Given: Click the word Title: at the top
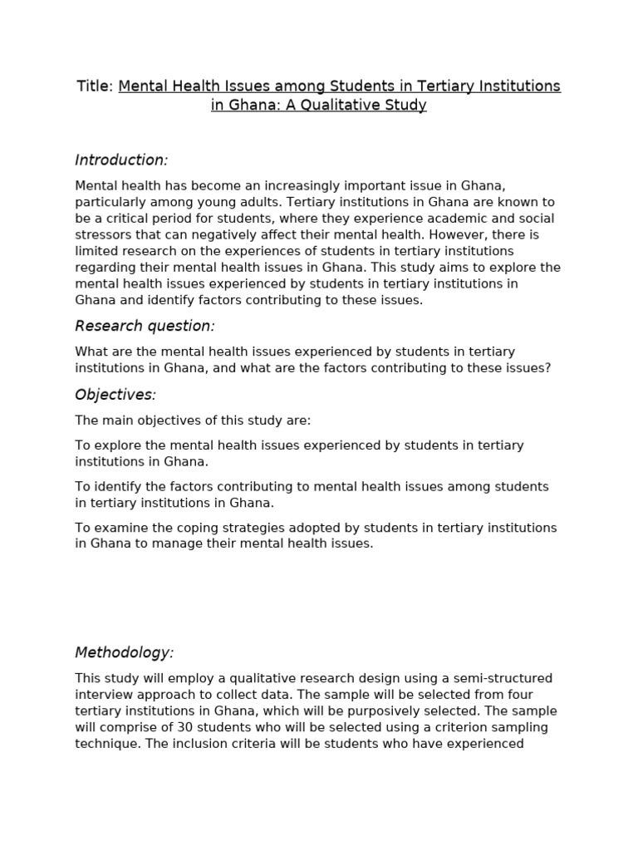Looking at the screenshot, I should click(x=95, y=86).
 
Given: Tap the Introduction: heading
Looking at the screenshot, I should click(x=121, y=160).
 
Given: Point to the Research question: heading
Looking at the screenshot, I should click(x=145, y=325).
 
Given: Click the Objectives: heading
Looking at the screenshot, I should click(x=115, y=394).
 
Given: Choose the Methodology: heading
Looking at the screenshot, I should click(x=125, y=652).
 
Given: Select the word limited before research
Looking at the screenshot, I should click(x=96, y=251).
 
